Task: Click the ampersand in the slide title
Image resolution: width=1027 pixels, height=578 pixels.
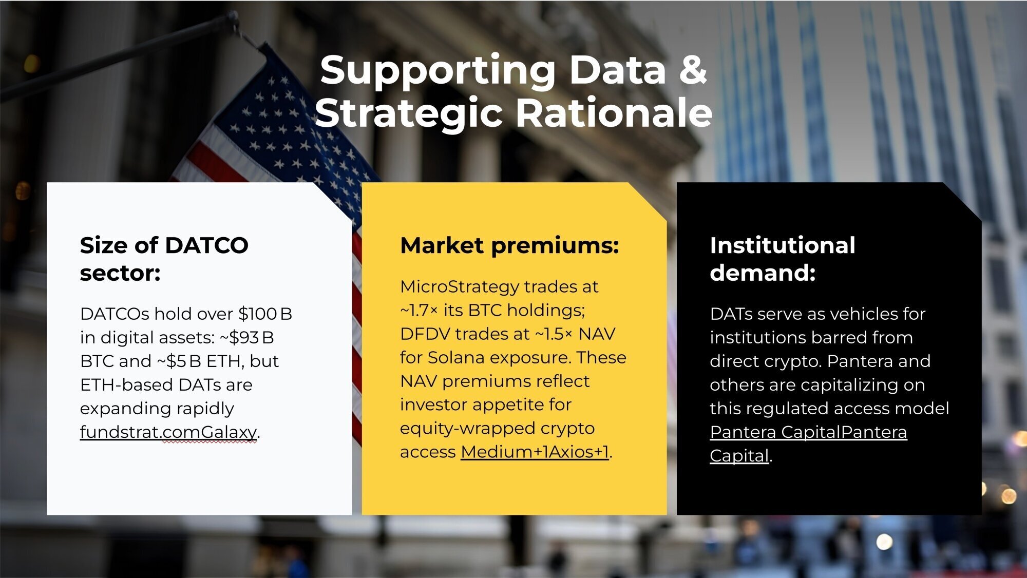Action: click(693, 70)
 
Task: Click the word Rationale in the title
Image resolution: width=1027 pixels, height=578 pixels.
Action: click(614, 112)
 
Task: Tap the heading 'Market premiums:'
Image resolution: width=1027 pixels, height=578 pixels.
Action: click(509, 246)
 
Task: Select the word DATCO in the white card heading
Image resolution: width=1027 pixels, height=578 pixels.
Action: click(206, 245)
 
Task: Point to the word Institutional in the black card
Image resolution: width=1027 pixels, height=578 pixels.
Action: click(783, 245)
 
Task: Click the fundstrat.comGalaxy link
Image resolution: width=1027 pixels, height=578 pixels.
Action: click(168, 432)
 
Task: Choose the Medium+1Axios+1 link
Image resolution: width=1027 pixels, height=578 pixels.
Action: click(535, 452)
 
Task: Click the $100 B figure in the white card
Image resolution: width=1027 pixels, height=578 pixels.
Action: click(265, 314)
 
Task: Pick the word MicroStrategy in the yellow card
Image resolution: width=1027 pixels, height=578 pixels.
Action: click(460, 286)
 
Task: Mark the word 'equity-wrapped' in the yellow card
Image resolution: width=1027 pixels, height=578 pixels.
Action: click(471, 429)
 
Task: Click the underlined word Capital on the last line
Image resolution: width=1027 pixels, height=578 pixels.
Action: click(739, 456)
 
